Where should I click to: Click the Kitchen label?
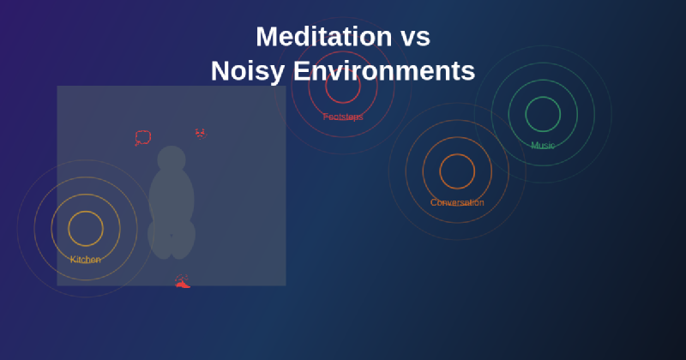coord(86,260)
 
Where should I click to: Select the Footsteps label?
coord(343,117)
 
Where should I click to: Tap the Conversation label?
coord(457,203)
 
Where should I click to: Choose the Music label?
coord(543,146)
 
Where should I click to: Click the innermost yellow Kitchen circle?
coord(86,228)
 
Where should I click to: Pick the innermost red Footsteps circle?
coord(343,86)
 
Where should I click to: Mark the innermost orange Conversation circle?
coord(457,171)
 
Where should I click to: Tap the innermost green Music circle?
coord(543,114)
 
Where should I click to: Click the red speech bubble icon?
coord(142,137)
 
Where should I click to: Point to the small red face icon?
coord(201,133)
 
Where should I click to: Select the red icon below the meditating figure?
coord(182,282)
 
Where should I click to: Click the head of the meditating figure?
coord(171,159)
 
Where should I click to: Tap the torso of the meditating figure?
coord(171,197)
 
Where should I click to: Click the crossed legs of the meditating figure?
coord(171,238)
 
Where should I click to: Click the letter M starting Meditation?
coord(268,37)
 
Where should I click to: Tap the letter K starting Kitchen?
coord(73,260)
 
